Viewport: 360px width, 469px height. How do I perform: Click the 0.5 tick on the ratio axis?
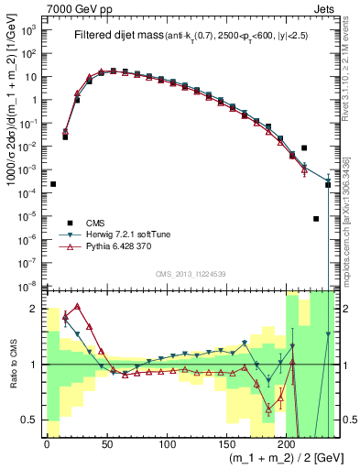click(x=34, y=420)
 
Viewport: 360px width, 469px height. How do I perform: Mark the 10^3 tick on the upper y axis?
click(x=32, y=29)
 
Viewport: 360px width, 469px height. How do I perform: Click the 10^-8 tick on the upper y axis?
click(x=32, y=287)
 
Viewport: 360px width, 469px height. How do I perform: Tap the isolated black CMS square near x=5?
click(x=53, y=184)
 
